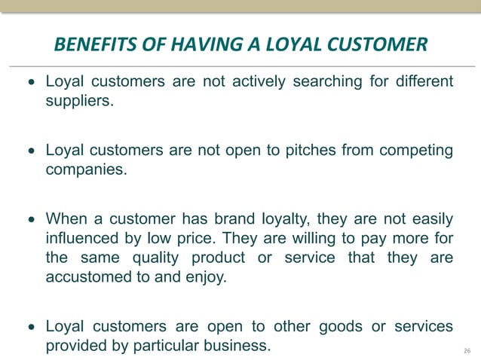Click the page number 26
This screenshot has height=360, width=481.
tap(467, 351)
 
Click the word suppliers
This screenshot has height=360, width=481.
tap(79, 100)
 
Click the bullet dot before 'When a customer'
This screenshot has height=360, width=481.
tap(31, 220)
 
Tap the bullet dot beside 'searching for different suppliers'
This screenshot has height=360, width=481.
tap(31, 81)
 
